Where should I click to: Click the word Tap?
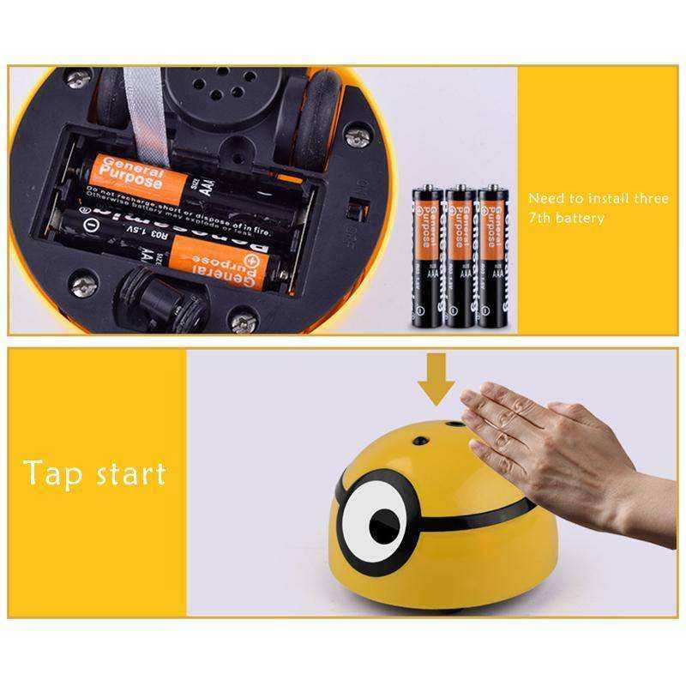(52, 472)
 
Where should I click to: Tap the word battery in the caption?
(581, 218)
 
